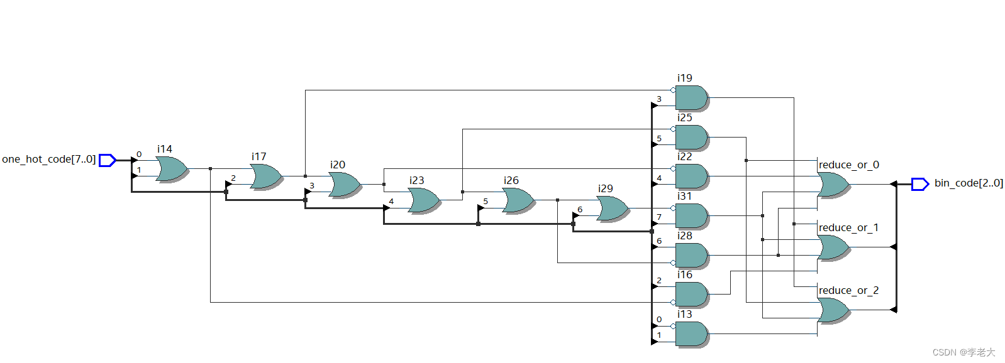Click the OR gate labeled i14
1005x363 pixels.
(x=171, y=168)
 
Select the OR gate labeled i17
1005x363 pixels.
(x=265, y=176)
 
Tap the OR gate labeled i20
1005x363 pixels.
(x=344, y=185)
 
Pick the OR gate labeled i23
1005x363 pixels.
(x=423, y=200)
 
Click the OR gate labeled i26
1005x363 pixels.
(x=518, y=200)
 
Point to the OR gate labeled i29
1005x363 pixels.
(x=612, y=209)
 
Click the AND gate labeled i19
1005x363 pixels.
(x=691, y=98)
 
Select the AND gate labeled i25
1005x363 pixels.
(x=691, y=137)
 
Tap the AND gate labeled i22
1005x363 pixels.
(x=691, y=176)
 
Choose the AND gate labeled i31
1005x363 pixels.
(x=691, y=215)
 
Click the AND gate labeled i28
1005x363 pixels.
(x=691, y=255)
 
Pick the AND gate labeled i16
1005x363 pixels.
(x=691, y=294)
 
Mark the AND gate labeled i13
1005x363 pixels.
(x=691, y=333)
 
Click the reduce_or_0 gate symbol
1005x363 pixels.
(x=833, y=184)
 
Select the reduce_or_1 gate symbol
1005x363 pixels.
(x=833, y=247)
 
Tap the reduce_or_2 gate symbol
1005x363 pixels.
(x=833, y=310)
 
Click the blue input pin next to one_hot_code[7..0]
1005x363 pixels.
(x=108, y=160)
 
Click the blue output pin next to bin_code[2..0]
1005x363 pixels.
(x=919, y=184)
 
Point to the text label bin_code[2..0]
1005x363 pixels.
(x=968, y=183)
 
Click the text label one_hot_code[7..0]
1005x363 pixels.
(x=48, y=160)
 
